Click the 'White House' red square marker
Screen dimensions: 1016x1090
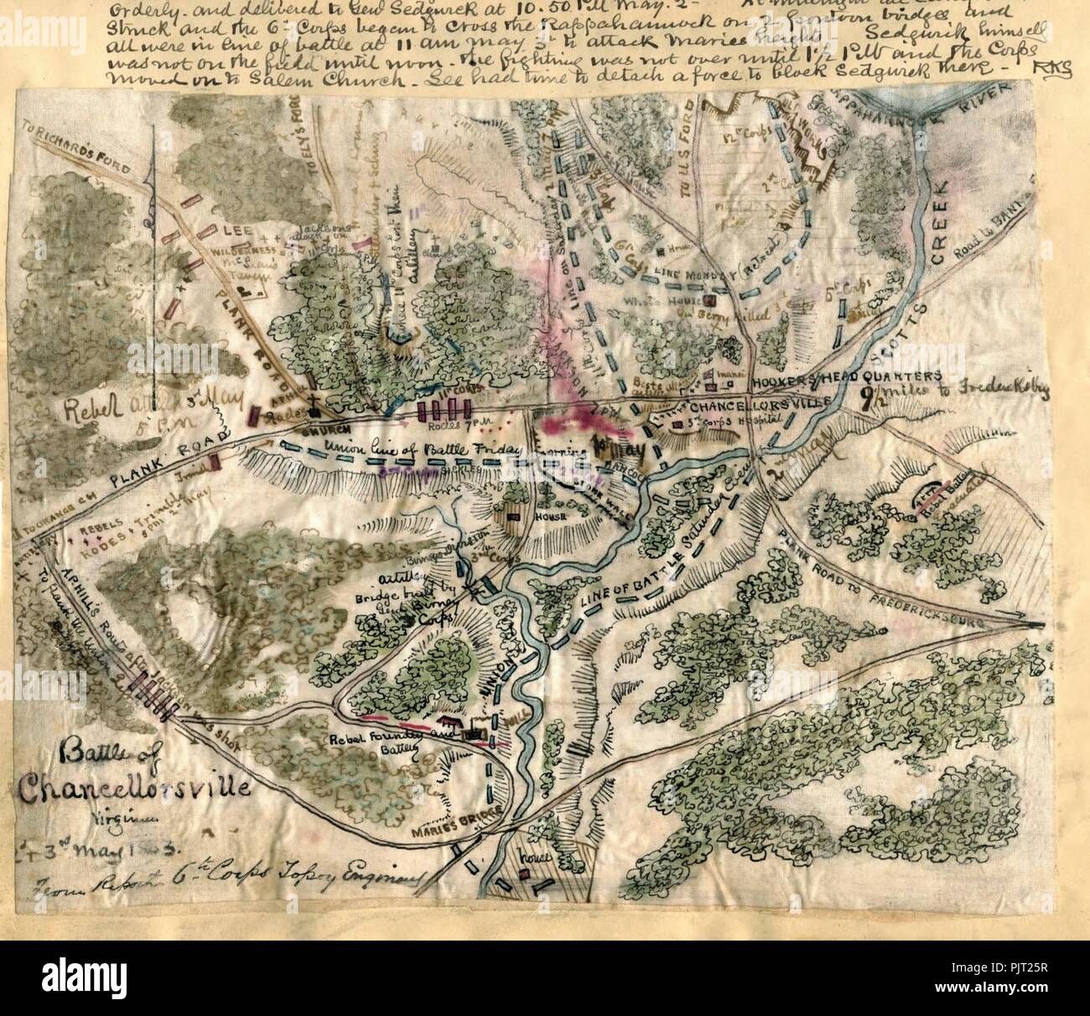[710, 301]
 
